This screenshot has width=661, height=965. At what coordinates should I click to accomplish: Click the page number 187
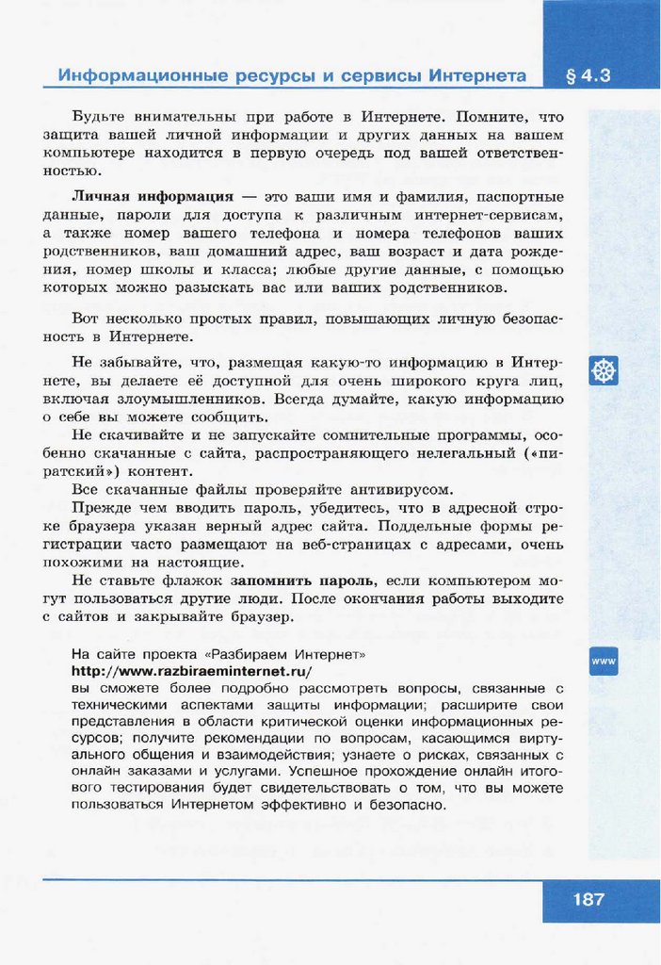(588, 899)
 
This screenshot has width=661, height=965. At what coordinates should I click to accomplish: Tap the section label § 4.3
(590, 75)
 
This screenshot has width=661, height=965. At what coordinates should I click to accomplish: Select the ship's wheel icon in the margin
(604, 370)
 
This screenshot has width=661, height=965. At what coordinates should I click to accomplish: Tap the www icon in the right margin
(604, 662)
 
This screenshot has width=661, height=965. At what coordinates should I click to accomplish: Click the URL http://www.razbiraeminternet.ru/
(191, 671)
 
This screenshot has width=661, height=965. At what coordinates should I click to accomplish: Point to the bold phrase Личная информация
(153, 197)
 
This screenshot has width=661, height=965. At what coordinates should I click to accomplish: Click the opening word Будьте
(100, 118)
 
